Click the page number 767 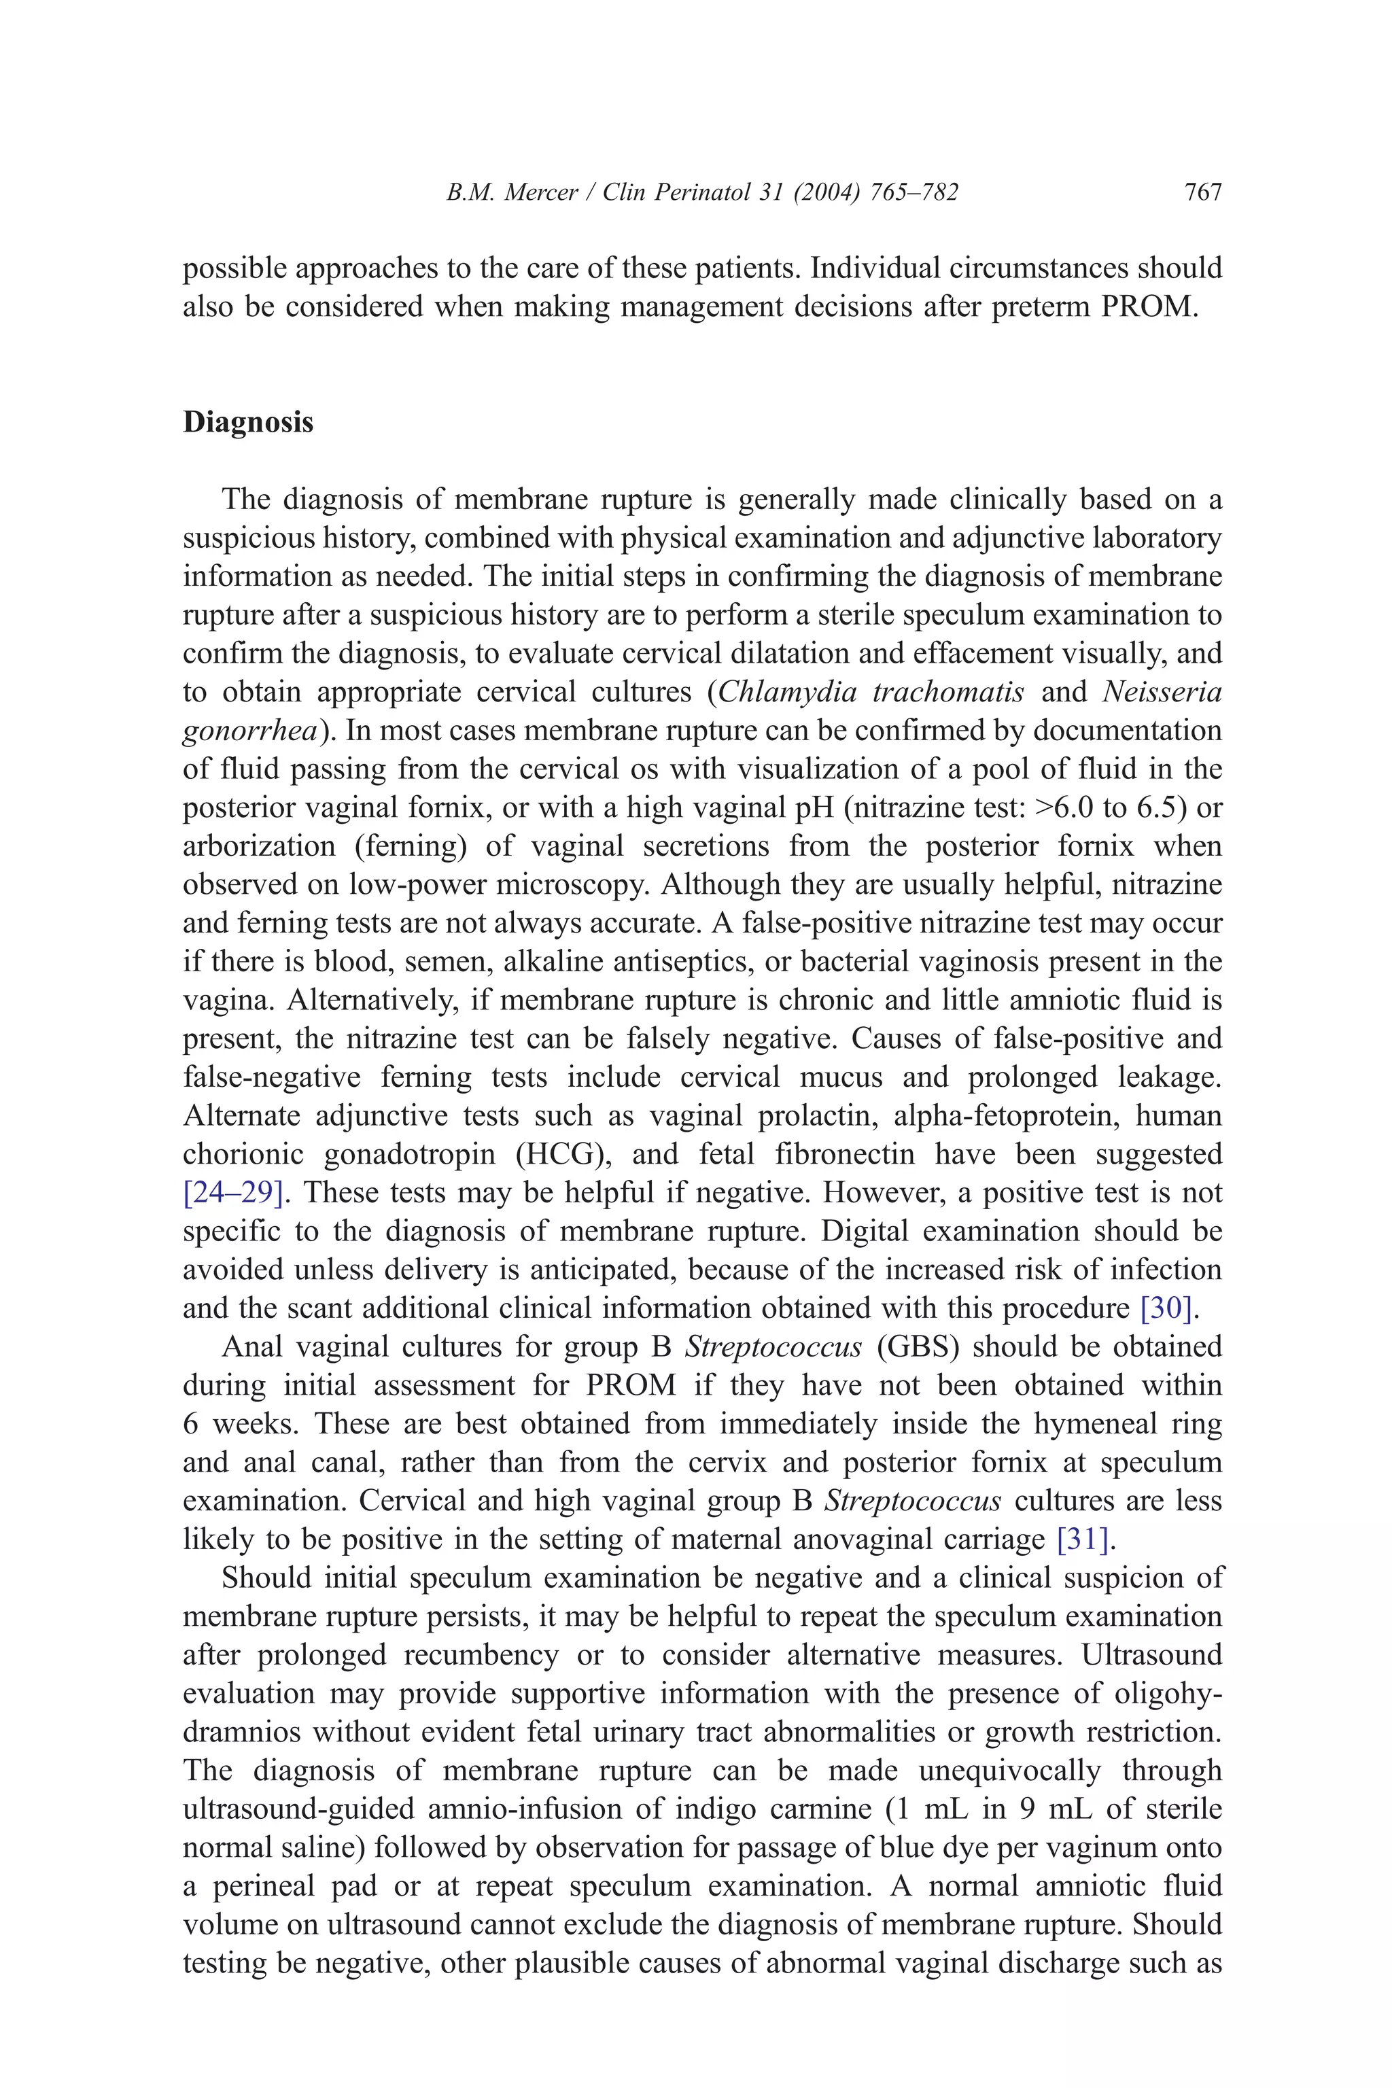[1203, 192]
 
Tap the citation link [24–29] [232, 1192]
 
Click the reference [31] [1083, 1539]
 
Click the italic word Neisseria [1161, 691]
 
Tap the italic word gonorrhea [249, 731]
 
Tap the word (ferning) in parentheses [410, 846]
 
